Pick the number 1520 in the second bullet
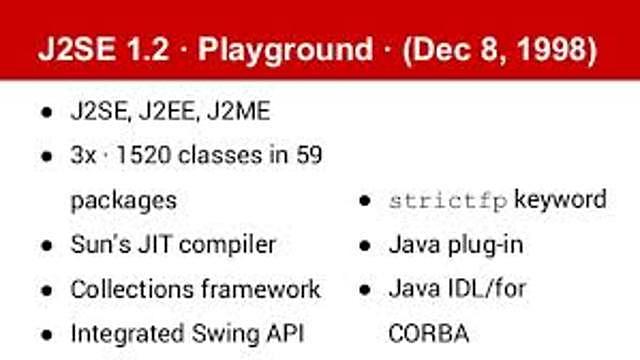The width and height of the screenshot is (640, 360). (x=150, y=155)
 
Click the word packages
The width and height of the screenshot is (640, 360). (x=123, y=200)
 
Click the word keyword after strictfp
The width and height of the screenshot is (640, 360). (x=560, y=199)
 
